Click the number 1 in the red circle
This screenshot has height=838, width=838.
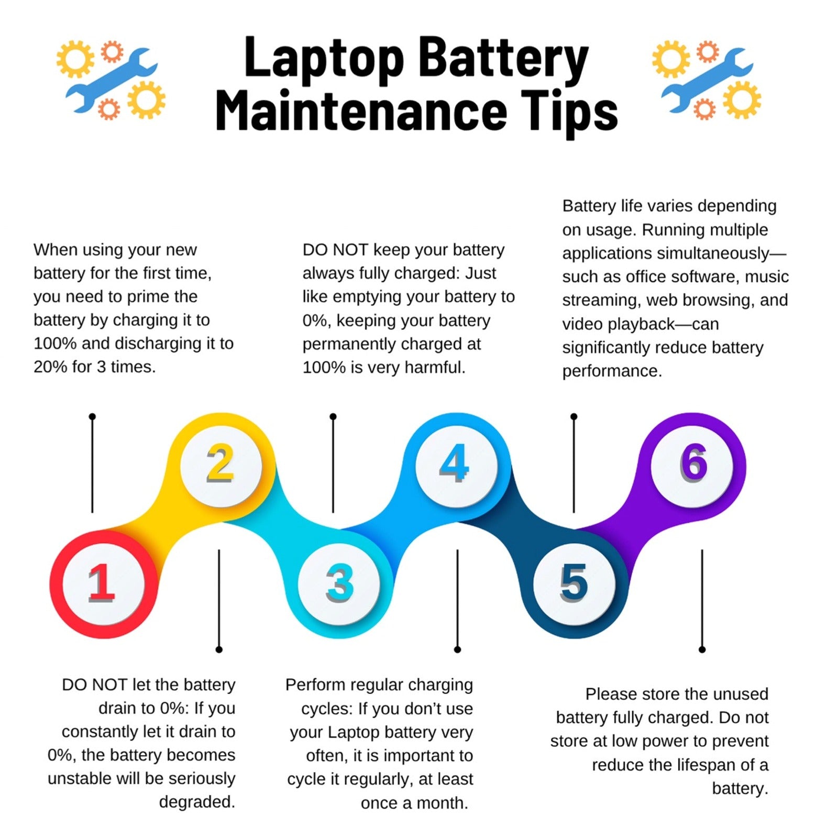coord(101,582)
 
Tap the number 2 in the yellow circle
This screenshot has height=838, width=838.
coord(220,463)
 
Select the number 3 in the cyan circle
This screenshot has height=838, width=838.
coord(339,582)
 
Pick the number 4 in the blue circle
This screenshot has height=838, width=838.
coord(454,463)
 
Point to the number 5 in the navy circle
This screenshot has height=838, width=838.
coord(574,582)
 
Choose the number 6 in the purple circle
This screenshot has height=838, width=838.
coord(693,463)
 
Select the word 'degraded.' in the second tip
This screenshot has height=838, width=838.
coord(197,802)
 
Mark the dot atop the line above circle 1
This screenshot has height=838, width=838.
coord(92,417)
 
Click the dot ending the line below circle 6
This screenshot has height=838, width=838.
coord(702,649)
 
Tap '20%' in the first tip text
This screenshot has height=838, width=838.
coord(50,367)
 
